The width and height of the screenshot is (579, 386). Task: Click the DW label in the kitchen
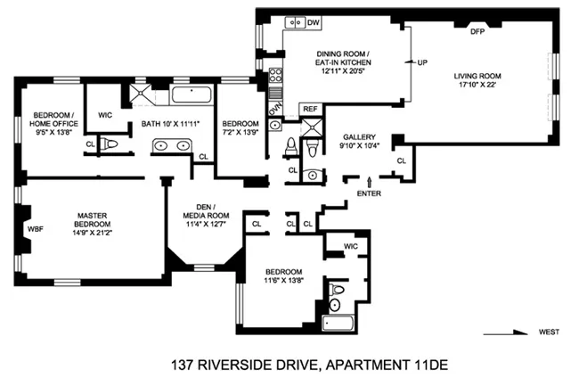coord(314,23)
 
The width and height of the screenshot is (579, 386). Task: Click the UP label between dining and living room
coord(422,62)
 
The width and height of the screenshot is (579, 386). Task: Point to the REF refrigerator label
coord(310,109)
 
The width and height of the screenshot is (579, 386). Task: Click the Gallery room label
coord(358,137)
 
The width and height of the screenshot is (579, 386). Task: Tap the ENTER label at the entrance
coord(369,193)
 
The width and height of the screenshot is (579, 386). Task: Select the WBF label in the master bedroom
coord(36,229)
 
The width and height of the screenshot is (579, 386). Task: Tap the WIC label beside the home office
coord(105,115)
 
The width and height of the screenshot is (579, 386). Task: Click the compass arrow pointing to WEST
coord(508,333)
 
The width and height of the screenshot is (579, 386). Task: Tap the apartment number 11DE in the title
coord(394,365)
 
